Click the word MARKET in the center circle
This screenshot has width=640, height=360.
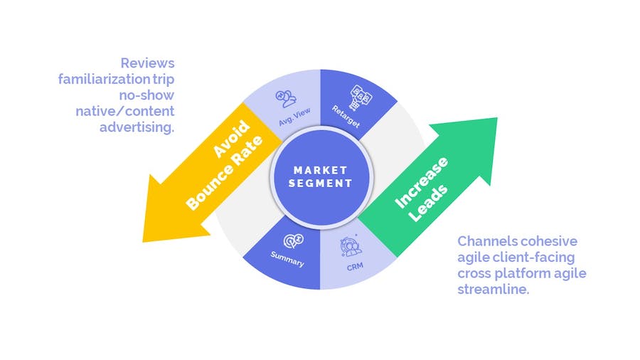point(319,170)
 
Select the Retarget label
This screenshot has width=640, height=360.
point(346,119)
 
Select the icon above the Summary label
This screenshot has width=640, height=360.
point(294,240)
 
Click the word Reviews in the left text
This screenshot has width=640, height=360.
point(147,63)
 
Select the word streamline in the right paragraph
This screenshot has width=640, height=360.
point(494,290)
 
